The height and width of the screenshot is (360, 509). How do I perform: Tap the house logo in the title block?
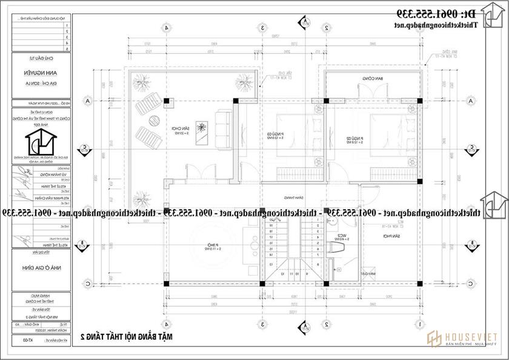(x=38, y=144)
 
